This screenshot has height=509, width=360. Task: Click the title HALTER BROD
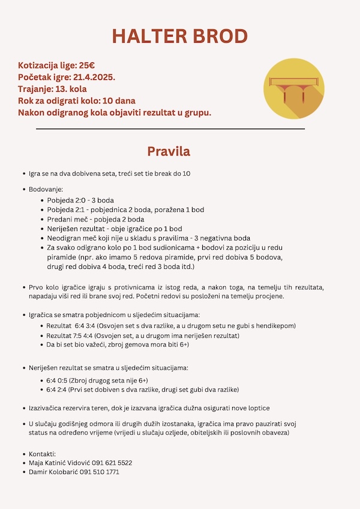point(180,36)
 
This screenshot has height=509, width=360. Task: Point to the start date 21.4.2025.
point(94,77)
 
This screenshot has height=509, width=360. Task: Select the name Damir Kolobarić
point(53,472)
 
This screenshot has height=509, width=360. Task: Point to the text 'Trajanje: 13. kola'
point(52,89)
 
